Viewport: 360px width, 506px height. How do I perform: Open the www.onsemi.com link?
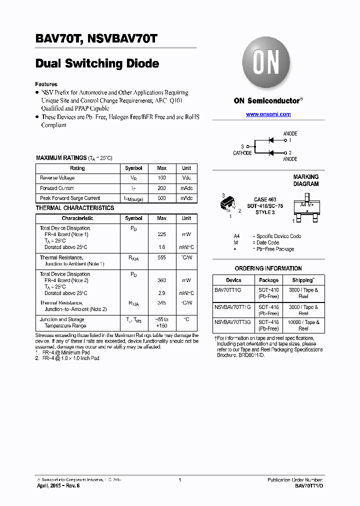click(x=268, y=114)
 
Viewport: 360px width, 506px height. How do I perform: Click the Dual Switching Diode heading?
click(x=97, y=63)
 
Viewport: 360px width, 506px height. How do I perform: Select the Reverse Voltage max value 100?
click(x=161, y=178)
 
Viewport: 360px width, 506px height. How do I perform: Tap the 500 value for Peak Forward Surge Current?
click(x=161, y=198)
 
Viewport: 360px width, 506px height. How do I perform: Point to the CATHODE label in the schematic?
click(x=242, y=153)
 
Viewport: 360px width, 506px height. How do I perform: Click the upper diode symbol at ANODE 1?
click(x=272, y=140)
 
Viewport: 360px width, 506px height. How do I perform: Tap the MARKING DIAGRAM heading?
click(x=305, y=180)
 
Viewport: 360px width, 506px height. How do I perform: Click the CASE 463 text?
click(x=265, y=199)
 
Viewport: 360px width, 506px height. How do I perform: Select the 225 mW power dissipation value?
click(x=161, y=234)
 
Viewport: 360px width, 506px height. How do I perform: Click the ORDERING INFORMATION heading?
click(x=268, y=268)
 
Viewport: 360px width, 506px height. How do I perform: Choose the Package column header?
click(x=268, y=280)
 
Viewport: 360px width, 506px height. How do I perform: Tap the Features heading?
click(x=46, y=84)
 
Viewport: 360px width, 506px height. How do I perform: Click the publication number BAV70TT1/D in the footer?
click(x=308, y=486)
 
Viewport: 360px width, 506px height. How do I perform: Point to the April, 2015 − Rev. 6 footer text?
click(x=58, y=486)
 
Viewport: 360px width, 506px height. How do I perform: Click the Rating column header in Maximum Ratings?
click(x=77, y=168)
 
